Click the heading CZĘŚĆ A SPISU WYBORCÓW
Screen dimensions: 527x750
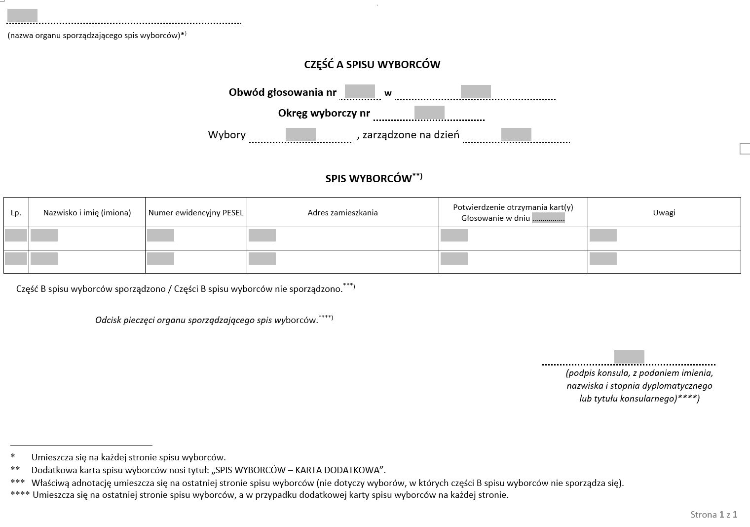pos(372,64)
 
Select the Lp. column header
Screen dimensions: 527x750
pos(16,213)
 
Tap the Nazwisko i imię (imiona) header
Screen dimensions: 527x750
pos(87,213)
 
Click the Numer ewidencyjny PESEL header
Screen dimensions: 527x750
pos(196,213)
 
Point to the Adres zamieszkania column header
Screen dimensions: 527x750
pos(342,213)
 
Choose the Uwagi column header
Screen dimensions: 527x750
pos(664,213)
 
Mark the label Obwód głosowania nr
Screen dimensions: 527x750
pos(282,92)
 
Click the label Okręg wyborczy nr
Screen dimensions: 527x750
pos(324,113)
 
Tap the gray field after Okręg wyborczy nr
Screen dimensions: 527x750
pos(429,112)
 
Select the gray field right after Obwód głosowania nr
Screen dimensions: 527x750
pos(360,91)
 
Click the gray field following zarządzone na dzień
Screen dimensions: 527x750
pos(516,134)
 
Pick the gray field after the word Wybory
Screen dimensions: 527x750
pos(300,134)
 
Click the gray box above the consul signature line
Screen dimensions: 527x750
pos(629,357)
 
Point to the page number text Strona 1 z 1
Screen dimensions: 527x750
pos(713,515)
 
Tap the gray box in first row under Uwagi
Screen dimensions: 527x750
pos(603,235)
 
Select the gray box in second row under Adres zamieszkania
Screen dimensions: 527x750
pos(262,258)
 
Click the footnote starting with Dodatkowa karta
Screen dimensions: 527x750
pos(208,470)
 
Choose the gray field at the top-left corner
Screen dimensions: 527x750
pos(22,16)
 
